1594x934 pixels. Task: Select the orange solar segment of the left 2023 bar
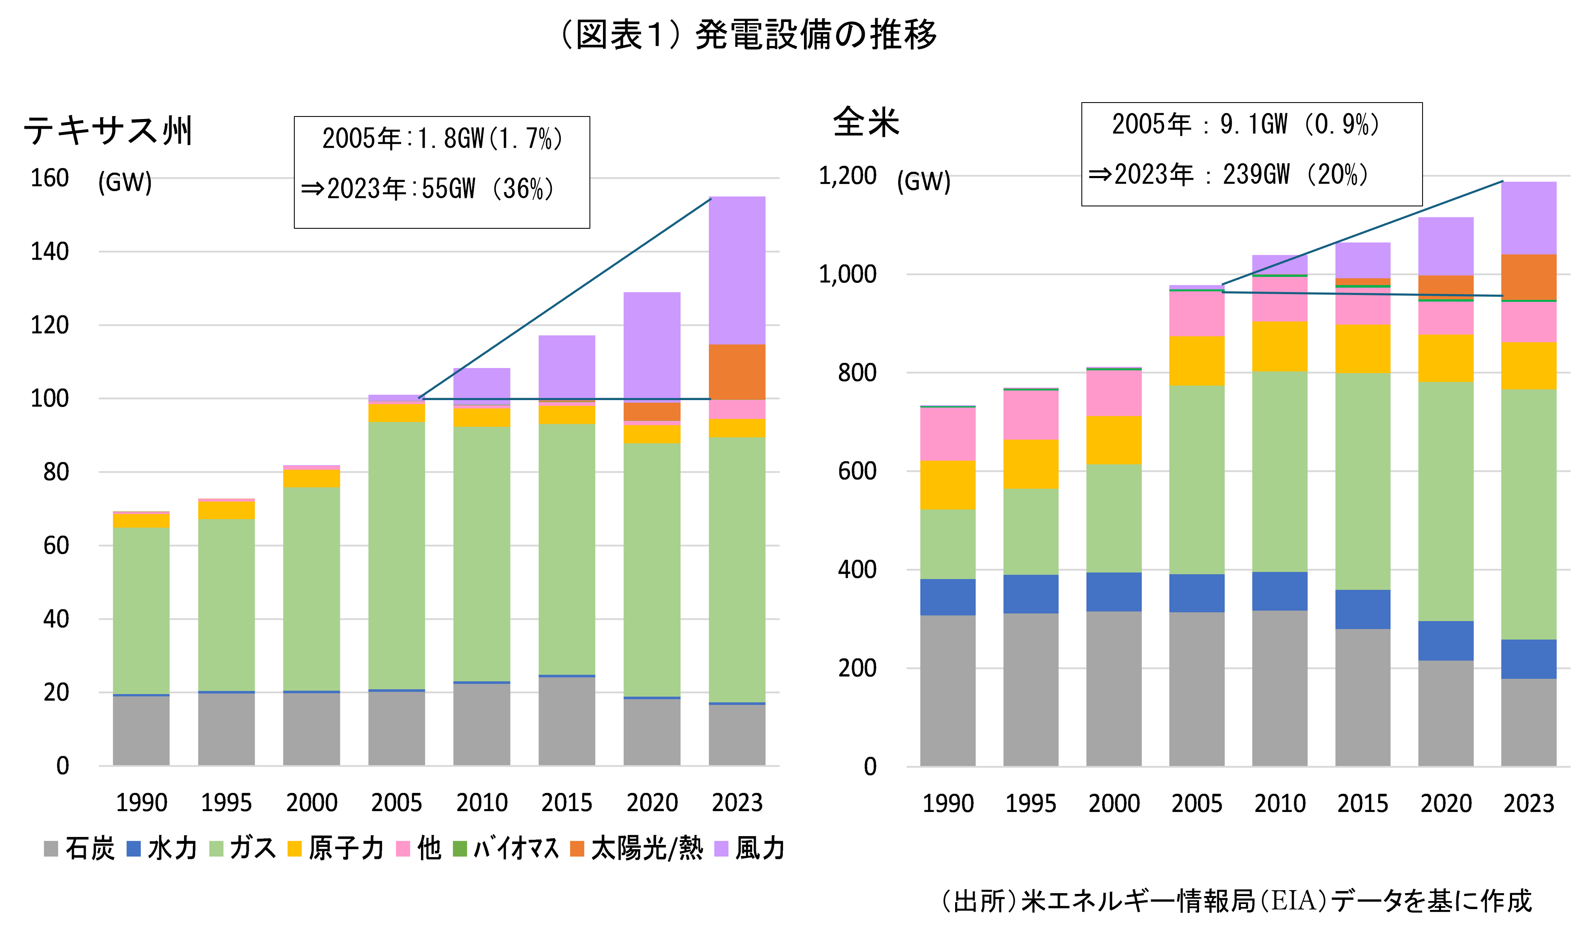737,372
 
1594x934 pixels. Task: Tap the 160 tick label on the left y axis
49,179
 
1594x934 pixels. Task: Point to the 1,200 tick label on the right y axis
847,176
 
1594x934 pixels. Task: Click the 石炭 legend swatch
51,849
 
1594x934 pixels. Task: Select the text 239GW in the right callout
1256,175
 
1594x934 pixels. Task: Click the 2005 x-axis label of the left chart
396,803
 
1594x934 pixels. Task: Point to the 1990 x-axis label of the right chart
948,804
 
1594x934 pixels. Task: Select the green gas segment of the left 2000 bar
311,588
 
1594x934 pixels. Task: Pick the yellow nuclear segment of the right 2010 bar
1279,346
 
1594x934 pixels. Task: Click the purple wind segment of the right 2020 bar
1445,246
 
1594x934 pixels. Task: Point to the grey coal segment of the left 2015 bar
567,721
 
